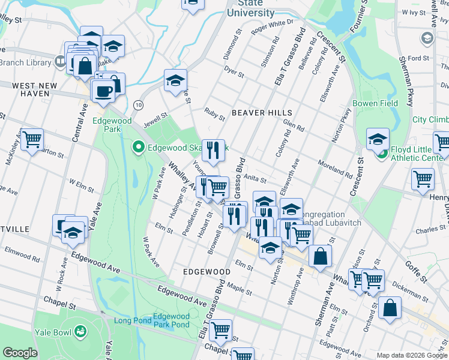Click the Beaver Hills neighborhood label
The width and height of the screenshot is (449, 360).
coord(262,113)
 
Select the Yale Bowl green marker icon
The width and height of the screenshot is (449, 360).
coord(80,331)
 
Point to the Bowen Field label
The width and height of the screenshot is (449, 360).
coord(384,103)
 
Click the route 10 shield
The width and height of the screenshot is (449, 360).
coord(138,104)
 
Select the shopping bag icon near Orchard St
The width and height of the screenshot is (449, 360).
coord(390,308)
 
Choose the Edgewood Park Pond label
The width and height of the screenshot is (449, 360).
coord(171,320)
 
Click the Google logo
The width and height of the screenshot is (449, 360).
coord(20,353)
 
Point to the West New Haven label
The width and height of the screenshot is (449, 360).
coord(34,91)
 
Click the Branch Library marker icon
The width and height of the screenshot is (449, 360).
coord(59,61)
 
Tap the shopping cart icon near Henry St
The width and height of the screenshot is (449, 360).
coord(423,178)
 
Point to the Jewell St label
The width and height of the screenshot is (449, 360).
coord(155,113)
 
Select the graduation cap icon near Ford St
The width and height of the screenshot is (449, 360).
coord(427,38)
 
